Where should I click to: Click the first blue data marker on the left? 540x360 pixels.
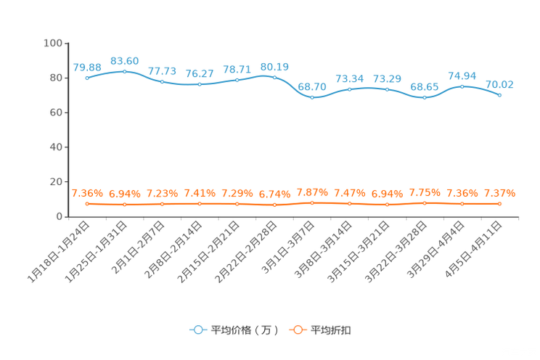click(87, 78)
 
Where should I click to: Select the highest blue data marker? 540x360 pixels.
click(125, 71)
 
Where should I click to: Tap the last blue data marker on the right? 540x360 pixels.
click(500, 95)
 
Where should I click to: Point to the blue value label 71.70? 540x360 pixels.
click(162, 70)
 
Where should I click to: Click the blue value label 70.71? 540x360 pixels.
click(237, 69)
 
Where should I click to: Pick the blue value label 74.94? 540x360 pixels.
click(462, 75)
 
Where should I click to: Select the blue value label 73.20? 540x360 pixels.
click(387, 78)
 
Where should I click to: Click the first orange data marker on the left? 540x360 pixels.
click(87, 204)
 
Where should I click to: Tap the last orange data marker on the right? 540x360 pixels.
click(500, 204)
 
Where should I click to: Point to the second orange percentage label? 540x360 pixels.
click(124, 194)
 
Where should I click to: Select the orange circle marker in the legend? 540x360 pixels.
click(297, 330)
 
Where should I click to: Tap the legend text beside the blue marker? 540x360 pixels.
click(244, 330)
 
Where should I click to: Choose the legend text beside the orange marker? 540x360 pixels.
click(332, 330)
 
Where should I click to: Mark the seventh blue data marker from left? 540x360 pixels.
click(312, 97)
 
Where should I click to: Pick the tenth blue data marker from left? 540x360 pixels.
click(425, 97)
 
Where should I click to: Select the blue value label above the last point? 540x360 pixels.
click(499, 84)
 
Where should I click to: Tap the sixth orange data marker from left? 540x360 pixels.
click(274, 205)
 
